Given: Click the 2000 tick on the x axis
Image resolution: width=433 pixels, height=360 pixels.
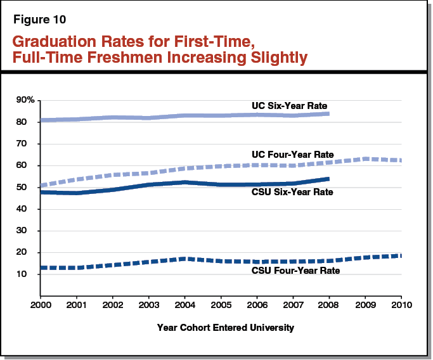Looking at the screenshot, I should tap(40, 305).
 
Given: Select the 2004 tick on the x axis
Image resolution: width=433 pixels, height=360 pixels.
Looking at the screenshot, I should tap(184, 305).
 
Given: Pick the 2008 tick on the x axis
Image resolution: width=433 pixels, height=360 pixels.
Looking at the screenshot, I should tap(328, 305).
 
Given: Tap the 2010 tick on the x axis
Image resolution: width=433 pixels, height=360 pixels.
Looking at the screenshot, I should tap(400, 305).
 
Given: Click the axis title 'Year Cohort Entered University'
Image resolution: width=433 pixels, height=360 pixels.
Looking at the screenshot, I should tap(226, 328).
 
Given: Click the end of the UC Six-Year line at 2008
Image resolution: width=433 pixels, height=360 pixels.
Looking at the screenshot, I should tap(328, 114).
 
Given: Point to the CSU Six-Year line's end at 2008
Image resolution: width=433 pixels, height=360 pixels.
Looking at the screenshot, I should tap(328, 179).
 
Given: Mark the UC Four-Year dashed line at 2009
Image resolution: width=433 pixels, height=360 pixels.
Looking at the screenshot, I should tap(365, 158).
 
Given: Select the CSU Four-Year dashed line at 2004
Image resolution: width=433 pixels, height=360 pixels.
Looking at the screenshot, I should tap(184, 259).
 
